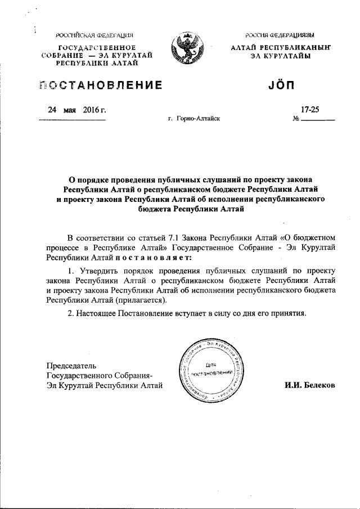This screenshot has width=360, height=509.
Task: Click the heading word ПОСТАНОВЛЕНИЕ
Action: click(102, 86)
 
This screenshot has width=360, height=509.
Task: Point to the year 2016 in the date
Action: click(91, 110)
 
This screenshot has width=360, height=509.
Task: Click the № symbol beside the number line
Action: click(296, 119)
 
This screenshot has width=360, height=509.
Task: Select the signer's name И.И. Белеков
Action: click(310, 385)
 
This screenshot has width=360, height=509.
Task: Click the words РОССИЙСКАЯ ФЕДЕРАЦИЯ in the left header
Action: click(98, 35)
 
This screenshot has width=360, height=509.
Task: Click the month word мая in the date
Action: click(70, 110)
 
